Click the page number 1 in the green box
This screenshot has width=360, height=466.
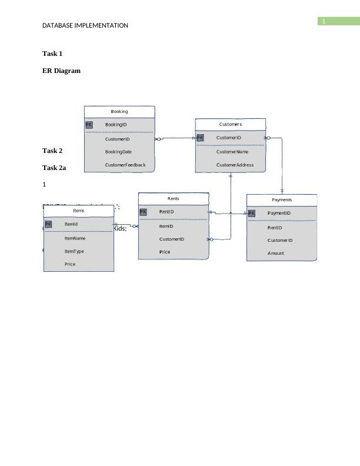(x=323, y=22)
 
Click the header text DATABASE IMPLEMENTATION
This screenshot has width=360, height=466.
(x=85, y=25)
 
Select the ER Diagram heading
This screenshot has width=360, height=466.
(x=61, y=71)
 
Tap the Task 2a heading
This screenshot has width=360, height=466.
(x=54, y=168)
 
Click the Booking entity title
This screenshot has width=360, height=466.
(x=119, y=111)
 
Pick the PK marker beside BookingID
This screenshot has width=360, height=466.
(x=89, y=125)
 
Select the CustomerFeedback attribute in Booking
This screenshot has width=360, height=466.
(x=125, y=165)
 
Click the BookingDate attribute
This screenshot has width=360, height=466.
(x=118, y=152)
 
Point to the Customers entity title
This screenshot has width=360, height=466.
(x=230, y=124)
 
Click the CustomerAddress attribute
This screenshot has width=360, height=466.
(x=235, y=165)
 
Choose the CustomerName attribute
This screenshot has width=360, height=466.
(x=232, y=152)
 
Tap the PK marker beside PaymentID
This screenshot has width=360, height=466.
(x=251, y=214)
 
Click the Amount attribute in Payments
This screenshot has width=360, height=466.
(x=275, y=253)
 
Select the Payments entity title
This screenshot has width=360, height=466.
(x=282, y=200)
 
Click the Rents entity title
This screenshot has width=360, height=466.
(x=174, y=199)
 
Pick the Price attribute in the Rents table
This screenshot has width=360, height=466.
(x=165, y=252)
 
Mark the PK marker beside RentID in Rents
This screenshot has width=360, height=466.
(x=143, y=212)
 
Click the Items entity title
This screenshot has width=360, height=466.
(x=79, y=210)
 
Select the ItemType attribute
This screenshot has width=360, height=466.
(x=74, y=251)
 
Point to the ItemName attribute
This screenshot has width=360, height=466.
(x=75, y=238)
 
